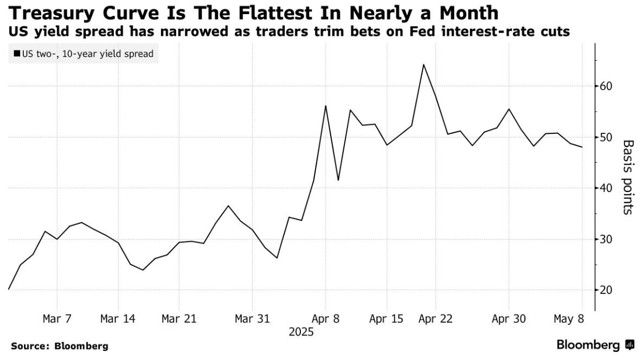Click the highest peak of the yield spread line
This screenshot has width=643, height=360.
click(423, 65)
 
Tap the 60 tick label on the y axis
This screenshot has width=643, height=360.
click(607, 86)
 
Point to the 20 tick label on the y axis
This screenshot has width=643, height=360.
click(607, 290)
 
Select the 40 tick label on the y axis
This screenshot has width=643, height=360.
click(607, 188)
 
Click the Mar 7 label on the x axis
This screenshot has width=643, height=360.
click(57, 319)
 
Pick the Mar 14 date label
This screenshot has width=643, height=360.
click(117, 319)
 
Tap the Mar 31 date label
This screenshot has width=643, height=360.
click(252, 319)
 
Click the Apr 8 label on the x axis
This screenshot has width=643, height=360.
click(325, 319)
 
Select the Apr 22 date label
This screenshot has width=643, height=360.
click(435, 319)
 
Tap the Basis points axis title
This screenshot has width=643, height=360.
click(628, 177)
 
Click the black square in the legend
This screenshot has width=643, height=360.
click(17, 54)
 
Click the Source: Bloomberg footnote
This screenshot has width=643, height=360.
click(59, 345)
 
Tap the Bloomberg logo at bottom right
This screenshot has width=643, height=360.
click(595, 345)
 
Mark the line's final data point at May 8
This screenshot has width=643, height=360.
click(582, 147)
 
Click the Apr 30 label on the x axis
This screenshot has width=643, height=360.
click(509, 319)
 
